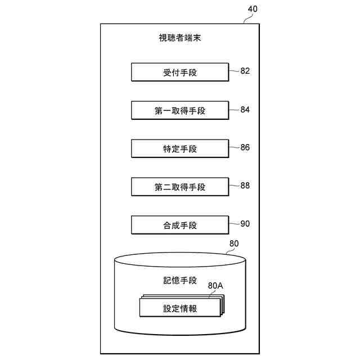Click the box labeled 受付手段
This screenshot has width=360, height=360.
click(x=179, y=73)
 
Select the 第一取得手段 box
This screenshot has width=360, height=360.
click(x=179, y=111)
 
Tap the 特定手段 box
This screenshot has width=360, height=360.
click(x=179, y=149)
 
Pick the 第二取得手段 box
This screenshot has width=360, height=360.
click(x=179, y=187)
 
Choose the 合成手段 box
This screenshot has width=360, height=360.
click(x=179, y=226)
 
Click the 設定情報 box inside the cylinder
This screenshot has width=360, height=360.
click(x=179, y=308)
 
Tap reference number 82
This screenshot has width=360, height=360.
click(x=245, y=71)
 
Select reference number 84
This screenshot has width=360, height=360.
click(x=245, y=110)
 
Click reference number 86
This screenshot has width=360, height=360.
click(x=245, y=147)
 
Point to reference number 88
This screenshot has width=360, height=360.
click(x=245, y=186)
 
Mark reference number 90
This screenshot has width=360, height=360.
click(x=245, y=224)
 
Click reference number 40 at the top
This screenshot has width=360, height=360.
click(x=254, y=10)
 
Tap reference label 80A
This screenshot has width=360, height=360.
click(x=215, y=286)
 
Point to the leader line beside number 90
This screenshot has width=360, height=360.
click(x=234, y=224)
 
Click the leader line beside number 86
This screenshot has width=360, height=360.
click(x=234, y=147)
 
